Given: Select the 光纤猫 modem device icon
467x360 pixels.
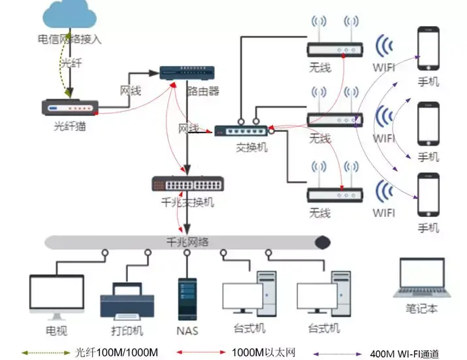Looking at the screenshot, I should [70, 107].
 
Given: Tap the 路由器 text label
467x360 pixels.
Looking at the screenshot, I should [203, 91].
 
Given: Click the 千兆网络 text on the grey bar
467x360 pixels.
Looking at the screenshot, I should [188, 242].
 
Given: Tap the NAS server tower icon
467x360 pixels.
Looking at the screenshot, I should [187, 299].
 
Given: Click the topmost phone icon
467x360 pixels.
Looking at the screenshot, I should [428, 50].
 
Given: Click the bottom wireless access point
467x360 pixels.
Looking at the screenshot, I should [334, 194].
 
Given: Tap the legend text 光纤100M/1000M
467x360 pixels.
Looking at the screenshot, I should [117, 352].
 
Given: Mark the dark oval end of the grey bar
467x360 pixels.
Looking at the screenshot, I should [322, 242].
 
